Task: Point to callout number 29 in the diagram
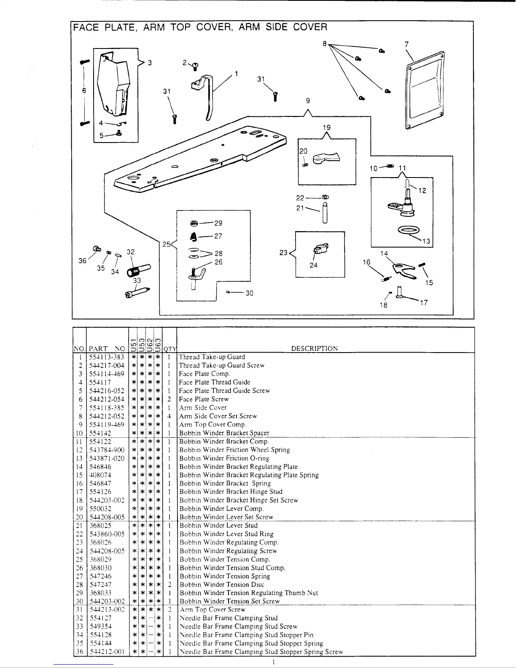pyautogui.click(x=218, y=223)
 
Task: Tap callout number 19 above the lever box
pyautogui.click(x=327, y=127)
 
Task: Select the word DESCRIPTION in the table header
pyautogui.click(x=314, y=349)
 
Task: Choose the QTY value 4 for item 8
pyautogui.click(x=169, y=416)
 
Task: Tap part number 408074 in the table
pyautogui.click(x=100, y=475)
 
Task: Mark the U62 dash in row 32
pyautogui.click(x=150, y=618)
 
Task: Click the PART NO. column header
pyautogui.click(x=107, y=349)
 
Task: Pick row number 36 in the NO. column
pyautogui.click(x=79, y=652)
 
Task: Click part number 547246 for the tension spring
pyautogui.click(x=100, y=576)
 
